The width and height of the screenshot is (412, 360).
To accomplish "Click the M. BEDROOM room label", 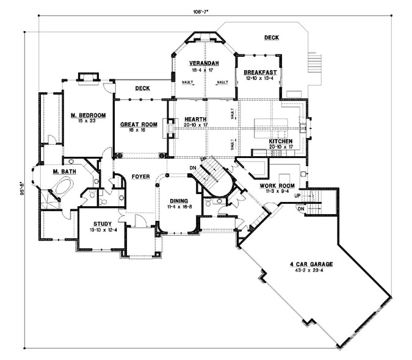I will point(89,115).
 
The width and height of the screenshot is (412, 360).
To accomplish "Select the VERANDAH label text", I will point(204,63).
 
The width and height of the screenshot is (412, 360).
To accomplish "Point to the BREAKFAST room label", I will point(261,72).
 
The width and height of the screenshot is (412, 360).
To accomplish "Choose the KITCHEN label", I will point(281,141).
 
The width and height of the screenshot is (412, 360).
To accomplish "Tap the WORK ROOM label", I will point(278,185).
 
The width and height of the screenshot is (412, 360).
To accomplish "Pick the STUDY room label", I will point(101,223).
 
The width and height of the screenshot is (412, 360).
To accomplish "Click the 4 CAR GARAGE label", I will point(311,264).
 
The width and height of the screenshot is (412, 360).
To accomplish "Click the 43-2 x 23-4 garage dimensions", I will point(311,272).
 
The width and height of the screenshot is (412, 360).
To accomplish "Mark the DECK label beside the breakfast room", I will point(272,38).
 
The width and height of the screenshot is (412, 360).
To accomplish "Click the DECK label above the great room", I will point(142,88).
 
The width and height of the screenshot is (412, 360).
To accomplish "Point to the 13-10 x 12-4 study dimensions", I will point(101,231).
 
